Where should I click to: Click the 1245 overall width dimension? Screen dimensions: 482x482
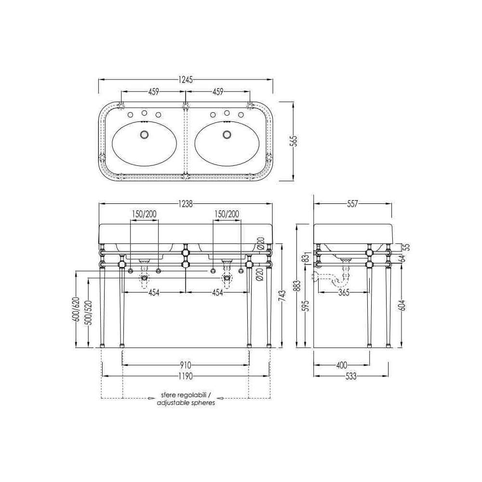(x=186, y=80)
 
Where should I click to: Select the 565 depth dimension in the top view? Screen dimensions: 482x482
(x=294, y=141)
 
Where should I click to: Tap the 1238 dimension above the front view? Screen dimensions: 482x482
(x=186, y=203)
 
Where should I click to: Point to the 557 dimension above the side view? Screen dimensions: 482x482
(x=352, y=203)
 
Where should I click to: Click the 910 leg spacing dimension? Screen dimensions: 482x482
(x=186, y=365)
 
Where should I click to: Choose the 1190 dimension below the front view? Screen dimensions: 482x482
(x=186, y=376)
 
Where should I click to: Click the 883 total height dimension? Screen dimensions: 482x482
(x=297, y=286)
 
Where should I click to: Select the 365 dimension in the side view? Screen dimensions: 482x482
(x=343, y=293)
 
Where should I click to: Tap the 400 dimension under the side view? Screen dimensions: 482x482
(x=342, y=365)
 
